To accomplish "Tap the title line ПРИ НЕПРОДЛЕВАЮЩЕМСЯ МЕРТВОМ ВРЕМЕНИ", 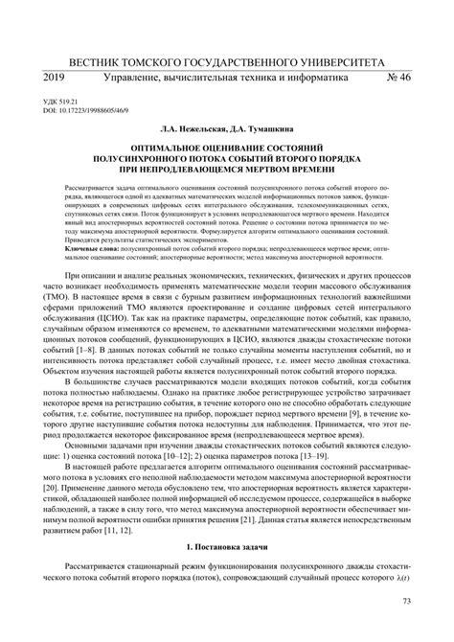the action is [227, 197].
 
